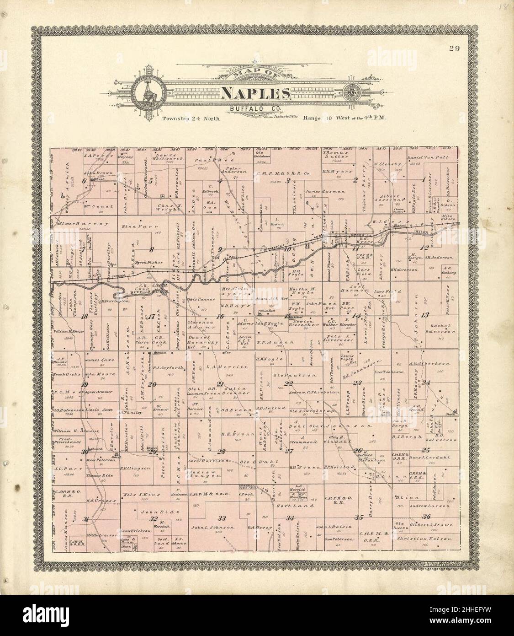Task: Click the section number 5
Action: pos(150,180)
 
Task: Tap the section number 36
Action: pos(428,517)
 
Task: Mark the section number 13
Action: pos(425,314)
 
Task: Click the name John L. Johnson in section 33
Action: pos(213,528)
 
